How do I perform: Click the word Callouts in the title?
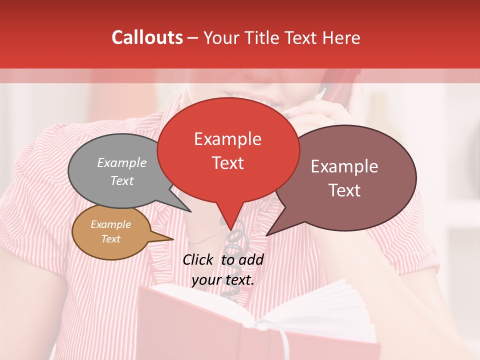tap(147, 37)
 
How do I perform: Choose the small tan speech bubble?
tap(110, 232)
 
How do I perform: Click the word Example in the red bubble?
tap(228, 139)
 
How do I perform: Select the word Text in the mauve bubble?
tap(345, 190)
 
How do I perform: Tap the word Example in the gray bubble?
tap(122, 163)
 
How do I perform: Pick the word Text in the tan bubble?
tap(110, 239)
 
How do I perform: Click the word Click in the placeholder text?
tap(198, 259)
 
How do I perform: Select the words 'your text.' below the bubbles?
tap(223, 280)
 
